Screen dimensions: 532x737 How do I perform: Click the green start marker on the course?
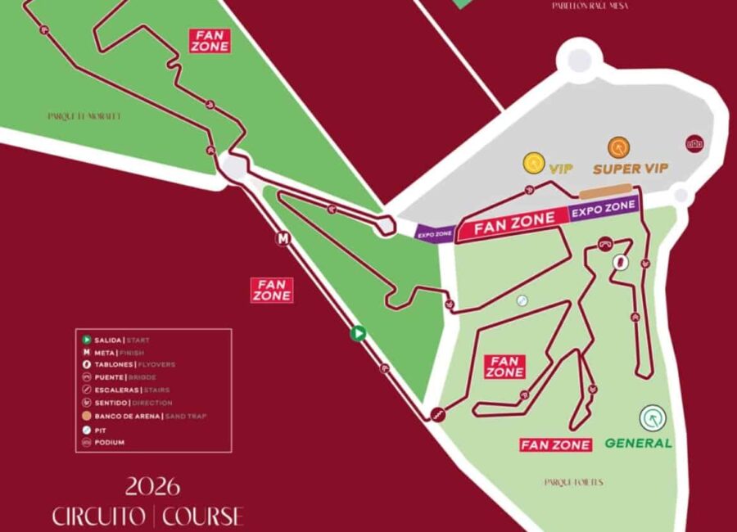(x=357, y=333)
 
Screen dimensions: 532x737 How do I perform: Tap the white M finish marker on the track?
(x=283, y=240)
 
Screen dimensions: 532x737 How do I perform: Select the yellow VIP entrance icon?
(x=534, y=162)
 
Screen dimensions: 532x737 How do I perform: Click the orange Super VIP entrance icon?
(x=619, y=147)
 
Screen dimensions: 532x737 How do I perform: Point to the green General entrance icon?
(x=653, y=418)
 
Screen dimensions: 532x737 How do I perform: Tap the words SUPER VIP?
(x=631, y=169)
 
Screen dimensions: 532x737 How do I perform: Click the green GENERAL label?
(x=639, y=443)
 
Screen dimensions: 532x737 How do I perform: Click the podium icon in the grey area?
(x=695, y=142)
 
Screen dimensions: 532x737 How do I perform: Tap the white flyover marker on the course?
(x=621, y=262)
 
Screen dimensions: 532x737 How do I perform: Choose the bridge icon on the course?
(x=605, y=242)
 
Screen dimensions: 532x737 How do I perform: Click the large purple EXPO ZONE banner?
(x=604, y=208)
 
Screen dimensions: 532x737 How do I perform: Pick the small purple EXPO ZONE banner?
(x=435, y=234)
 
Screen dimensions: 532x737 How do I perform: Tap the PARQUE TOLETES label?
(x=573, y=483)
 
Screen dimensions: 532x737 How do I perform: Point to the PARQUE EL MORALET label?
(x=84, y=116)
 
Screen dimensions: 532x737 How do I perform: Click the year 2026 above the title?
(x=152, y=486)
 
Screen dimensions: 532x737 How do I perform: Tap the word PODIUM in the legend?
(x=111, y=442)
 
